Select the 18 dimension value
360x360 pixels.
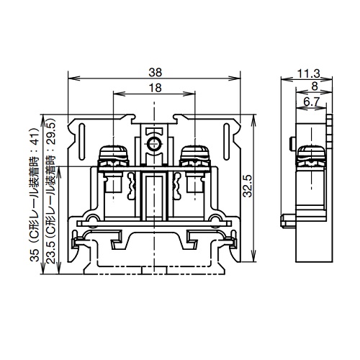tap(155, 87)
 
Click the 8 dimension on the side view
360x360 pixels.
tap(315, 85)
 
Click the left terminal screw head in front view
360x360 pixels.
tap(114, 153)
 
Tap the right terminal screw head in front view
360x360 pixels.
tap(194, 153)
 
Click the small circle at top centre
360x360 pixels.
tap(154, 144)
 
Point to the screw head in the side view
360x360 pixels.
tap(310, 153)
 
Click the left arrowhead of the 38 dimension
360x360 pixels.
tap(70, 78)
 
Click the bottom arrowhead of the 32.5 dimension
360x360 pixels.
tap(254, 262)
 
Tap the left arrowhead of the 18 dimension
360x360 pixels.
tap(115, 94)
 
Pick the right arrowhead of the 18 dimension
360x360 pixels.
tap(195, 94)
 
